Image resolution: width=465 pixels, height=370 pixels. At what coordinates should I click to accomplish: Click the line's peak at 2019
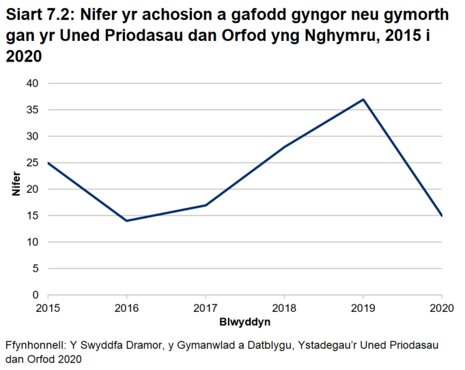pos(363,99)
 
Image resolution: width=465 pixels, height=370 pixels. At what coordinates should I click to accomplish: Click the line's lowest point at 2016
pos(126,221)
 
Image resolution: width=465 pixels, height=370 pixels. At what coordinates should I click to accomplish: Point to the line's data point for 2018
pos(284,146)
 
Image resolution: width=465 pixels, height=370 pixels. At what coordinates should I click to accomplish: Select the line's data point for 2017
pos(206,205)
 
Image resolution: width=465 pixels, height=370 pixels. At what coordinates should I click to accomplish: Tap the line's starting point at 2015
pos(48,163)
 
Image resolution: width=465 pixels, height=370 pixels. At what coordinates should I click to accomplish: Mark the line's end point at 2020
pos(442,215)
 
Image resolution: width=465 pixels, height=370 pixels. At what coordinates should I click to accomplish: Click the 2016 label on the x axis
pos(126,308)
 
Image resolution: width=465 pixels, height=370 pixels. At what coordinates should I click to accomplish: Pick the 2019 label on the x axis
pos(363,308)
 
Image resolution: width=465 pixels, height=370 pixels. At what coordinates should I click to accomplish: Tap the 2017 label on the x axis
pos(206,308)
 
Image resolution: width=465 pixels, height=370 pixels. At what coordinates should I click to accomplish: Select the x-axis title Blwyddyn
pos(244,321)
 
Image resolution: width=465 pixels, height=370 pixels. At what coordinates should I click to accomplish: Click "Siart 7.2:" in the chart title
pos(37,15)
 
